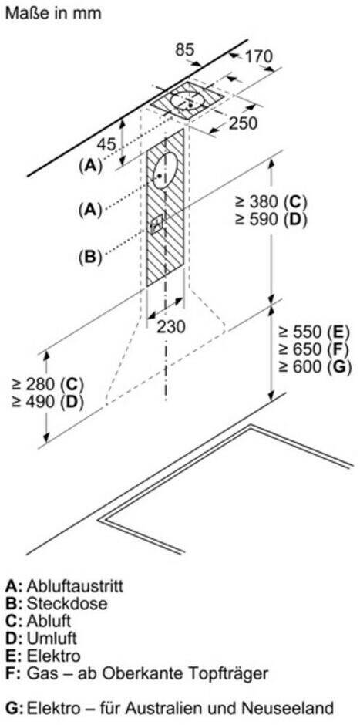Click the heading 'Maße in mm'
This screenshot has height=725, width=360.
coord(52,12)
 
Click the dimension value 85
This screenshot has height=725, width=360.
coord(185,50)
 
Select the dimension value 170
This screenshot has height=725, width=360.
coord(258,57)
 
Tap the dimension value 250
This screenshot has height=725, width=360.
coord(243,123)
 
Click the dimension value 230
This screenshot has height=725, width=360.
coord(170,326)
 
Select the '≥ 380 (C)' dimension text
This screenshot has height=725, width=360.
coord(271,201)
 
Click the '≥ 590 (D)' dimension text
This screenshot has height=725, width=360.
coord(271,219)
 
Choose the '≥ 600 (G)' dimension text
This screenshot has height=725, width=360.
coord(315,366)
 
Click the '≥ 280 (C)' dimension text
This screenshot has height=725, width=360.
coord(48,384)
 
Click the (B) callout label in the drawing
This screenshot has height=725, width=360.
coord(90,256)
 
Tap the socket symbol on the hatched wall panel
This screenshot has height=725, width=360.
coord(157,224)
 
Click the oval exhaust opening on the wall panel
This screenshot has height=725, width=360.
coord(164,171)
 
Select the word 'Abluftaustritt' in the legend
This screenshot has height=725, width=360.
coord(75,586)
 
